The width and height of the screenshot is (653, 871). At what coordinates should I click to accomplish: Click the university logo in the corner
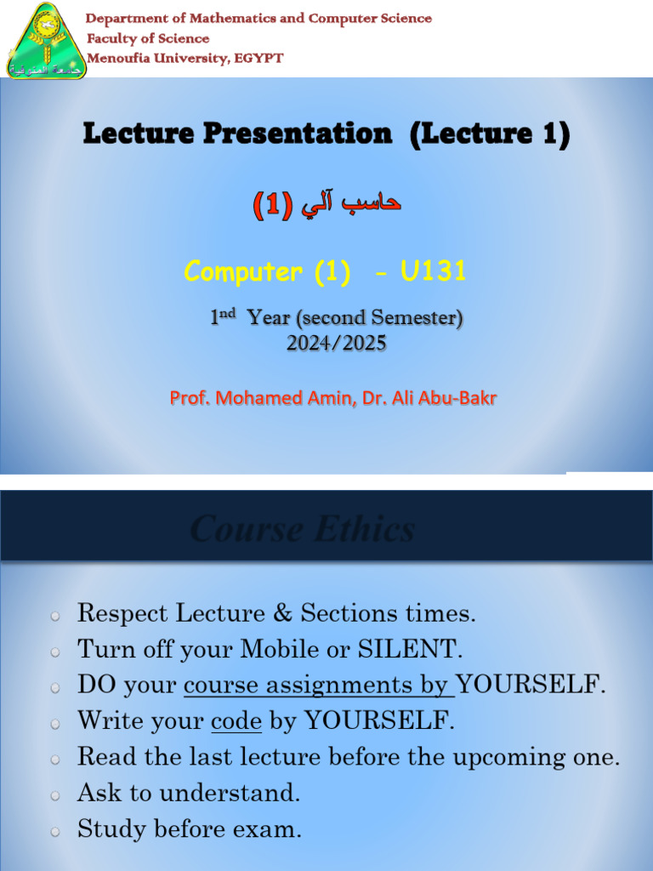pos(47,41)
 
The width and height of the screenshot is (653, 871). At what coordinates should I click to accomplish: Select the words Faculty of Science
pos(148,38)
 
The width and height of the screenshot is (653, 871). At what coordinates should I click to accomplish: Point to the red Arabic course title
pos(326,204)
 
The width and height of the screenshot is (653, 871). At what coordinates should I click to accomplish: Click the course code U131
pos(433,271)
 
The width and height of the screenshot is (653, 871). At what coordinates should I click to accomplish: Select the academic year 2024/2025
pos(337,343)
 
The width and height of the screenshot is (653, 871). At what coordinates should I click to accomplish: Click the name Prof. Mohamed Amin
pos(261,397)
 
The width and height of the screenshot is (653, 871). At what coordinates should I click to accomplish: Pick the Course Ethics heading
pos(303,530)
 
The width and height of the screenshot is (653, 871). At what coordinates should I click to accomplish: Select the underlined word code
pos(236,722)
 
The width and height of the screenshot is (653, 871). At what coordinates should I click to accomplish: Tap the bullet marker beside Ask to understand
pos(55,794)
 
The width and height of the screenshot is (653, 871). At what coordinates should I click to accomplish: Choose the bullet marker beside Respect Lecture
pos(55,615)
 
